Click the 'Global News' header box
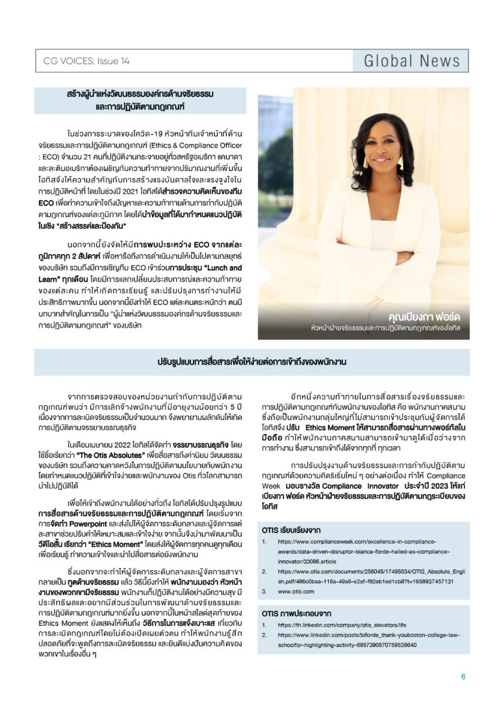[411, 61]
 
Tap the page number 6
[463, 677]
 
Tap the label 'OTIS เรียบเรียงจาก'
[291, 530]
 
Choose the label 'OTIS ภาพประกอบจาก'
[296, 612]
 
